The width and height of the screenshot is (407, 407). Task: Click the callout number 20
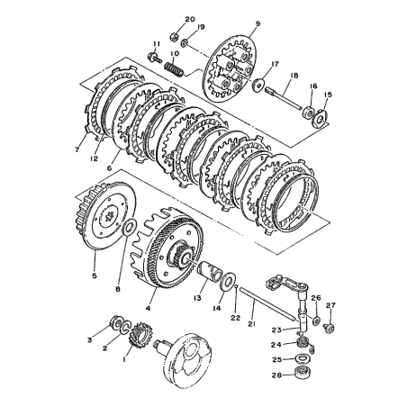[190, 20]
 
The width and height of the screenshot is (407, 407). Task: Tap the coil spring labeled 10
[174, 68]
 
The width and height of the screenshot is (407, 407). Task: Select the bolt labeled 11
[154, 56]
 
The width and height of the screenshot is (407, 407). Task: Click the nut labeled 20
[174, 37]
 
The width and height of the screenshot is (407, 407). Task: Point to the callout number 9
[258, 23]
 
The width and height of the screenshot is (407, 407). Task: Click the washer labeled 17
[258, 85]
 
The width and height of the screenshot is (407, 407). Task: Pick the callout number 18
[294, 76]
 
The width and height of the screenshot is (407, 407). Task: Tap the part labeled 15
[321, 118]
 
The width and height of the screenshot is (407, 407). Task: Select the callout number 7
[77, 149]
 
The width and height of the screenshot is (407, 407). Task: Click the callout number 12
[95, 158]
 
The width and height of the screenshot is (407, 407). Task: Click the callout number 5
[95, 276]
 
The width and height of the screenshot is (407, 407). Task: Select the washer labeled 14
[228, 281]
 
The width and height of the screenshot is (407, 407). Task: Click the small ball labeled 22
[237, 286]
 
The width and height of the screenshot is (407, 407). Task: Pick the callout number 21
[252, 323]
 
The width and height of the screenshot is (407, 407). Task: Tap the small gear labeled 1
[137, 333]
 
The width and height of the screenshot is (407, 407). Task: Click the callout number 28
[276, 375]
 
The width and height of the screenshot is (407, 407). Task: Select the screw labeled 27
[330, 328]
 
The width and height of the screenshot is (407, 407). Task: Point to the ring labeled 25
[303, 359]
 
